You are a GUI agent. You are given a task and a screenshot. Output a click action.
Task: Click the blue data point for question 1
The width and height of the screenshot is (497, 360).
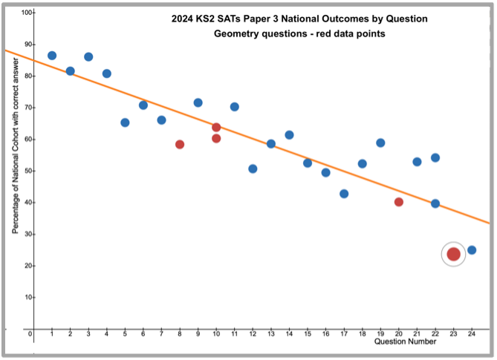[52, 56]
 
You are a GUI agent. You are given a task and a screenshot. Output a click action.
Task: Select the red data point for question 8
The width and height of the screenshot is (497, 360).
[180, 144]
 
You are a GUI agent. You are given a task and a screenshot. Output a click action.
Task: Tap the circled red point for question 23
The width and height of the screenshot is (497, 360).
[453, 254]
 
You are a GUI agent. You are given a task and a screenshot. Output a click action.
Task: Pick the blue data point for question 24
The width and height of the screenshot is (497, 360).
[472, 250]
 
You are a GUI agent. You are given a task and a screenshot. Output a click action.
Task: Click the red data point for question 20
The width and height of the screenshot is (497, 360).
[399, 202]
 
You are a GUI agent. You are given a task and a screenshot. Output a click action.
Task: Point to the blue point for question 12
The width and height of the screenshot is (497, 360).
[253, 168]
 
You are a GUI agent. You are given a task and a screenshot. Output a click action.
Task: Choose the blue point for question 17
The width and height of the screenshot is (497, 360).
[344, 194]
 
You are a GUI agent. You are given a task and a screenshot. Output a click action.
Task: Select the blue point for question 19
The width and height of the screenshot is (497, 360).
[380, 143]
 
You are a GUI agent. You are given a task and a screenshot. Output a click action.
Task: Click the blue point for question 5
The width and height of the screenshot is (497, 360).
[125, 122]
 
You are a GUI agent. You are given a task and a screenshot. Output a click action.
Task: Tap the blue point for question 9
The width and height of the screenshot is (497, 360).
[198, 102]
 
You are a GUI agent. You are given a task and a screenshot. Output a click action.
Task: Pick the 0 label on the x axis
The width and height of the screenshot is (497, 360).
[30, 334]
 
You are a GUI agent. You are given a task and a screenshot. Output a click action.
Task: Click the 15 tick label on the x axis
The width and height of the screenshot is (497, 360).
[308, 334]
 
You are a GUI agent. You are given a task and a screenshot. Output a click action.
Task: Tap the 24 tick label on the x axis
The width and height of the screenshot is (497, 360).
[472, 334]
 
